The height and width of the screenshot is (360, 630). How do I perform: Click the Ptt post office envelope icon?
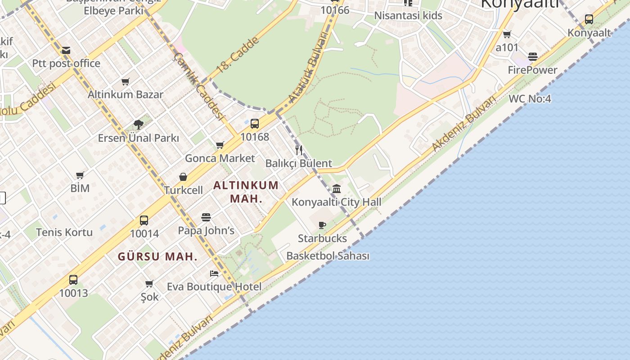66,50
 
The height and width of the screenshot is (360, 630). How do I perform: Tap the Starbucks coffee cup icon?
322,225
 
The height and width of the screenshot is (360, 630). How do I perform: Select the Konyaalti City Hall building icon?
337,189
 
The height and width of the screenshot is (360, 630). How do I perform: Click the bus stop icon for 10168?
255,123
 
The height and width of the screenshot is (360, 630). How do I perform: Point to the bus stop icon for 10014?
144,220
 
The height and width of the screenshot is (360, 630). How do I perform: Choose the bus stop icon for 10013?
73,280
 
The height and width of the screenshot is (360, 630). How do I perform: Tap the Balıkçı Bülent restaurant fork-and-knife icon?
299,150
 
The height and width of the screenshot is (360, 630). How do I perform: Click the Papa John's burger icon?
206,218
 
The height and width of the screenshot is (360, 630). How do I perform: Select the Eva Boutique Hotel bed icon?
214,273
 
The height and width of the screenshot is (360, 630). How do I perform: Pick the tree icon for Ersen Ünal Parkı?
138,125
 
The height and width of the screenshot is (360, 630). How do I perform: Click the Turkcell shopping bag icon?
183,177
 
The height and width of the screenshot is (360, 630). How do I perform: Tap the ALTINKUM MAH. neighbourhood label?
246,192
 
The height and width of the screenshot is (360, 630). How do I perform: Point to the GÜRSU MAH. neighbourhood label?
157,257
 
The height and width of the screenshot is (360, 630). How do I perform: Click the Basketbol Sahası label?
328,256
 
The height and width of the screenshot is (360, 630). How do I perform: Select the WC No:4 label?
530,99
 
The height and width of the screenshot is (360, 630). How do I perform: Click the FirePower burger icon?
533,57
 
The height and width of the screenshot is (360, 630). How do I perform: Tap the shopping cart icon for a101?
507,34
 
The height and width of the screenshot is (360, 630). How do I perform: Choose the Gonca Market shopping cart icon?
220,145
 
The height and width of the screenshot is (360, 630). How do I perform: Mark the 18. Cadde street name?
238,55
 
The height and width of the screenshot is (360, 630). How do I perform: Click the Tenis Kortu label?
64,232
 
